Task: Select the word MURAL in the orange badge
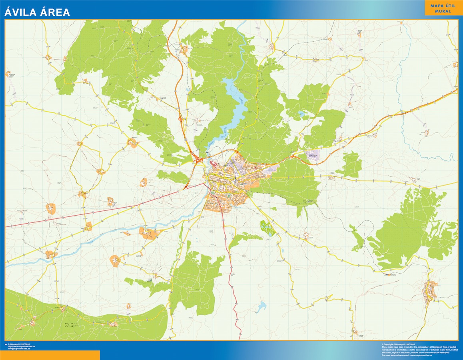coord(443,11)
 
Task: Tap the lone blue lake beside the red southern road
coord(262,307)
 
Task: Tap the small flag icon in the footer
coord(6,344)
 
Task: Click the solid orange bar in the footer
coord(50,355)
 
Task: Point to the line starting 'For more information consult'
coord(416,355)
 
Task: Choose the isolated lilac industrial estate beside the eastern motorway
coord(316,154)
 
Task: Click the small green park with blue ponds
coord(267,228)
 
